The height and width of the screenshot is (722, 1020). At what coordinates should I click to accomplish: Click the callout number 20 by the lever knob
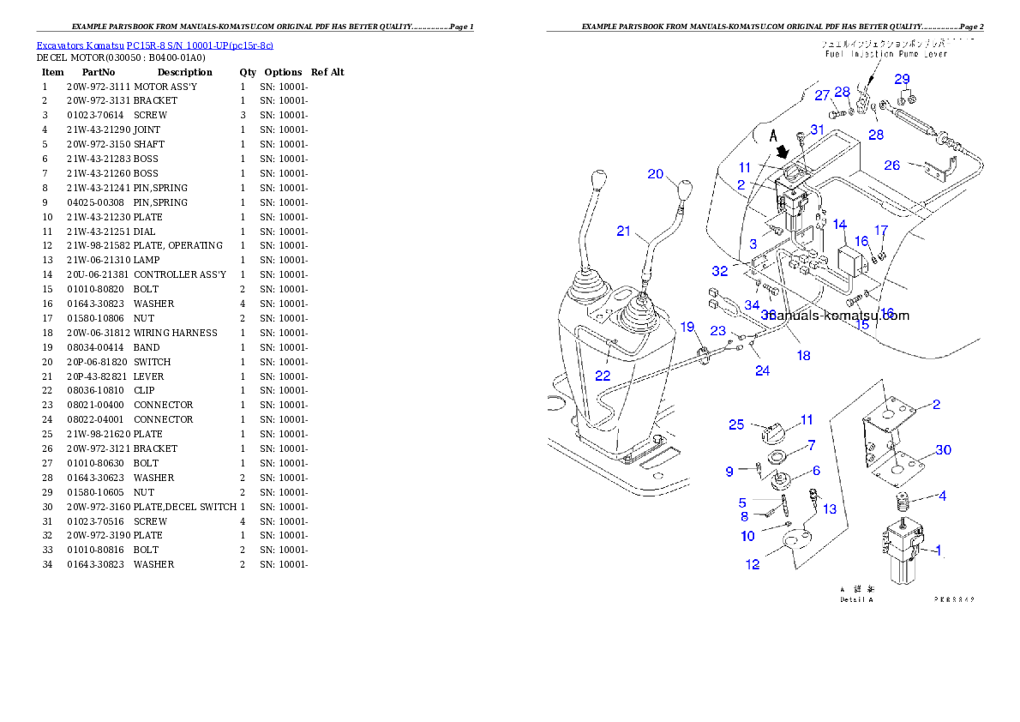tap(656, 174)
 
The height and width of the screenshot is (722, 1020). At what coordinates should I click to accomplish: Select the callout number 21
tap(624, 231)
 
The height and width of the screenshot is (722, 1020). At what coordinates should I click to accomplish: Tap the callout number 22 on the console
tap(603, 376)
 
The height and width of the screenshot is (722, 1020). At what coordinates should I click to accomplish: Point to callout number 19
tap(687, 327)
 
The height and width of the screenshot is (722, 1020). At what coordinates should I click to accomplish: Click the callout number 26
tap(891, 165)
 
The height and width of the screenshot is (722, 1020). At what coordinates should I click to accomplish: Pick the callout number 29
tap(902, 79)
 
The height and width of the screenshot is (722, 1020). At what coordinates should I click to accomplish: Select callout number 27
tap(822, 95)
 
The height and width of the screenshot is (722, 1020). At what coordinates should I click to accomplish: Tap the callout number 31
tap(818, 129)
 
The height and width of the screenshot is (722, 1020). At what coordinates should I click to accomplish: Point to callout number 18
tap(803, 355)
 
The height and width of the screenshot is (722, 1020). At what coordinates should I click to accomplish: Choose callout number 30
tap(943, 450)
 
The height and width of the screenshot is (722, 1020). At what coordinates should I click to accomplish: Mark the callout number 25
tap(735, 424)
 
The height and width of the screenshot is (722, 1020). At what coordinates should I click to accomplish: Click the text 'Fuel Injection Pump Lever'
tap(883, 54)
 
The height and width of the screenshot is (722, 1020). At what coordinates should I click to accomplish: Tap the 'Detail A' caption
tap(857, 599)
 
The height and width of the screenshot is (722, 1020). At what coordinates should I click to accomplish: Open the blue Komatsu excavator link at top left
tap(154, 45)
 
